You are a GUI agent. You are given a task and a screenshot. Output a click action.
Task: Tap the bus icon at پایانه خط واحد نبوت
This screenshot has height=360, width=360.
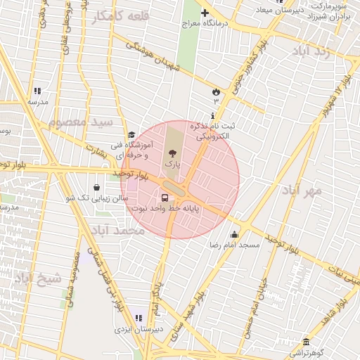click(x=165, y=198)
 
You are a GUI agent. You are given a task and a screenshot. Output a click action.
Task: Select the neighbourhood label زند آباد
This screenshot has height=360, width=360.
click(x=313, y=53)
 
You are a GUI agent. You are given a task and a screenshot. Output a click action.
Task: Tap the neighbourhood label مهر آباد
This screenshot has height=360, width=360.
click(x=302, y=190)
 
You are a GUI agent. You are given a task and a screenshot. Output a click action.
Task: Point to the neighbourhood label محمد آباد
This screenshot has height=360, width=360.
click(x=117, y=231)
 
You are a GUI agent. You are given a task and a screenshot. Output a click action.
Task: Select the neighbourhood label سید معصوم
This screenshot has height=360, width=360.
click(x=82, y=122)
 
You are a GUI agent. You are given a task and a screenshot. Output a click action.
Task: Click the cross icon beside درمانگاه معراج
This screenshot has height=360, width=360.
click(x=205, y=13)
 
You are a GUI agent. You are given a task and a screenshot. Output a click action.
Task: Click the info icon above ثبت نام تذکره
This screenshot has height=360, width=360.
click(x=213, y=115)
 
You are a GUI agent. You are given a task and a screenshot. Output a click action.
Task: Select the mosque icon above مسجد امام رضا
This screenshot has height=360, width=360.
click(x=234, y=235)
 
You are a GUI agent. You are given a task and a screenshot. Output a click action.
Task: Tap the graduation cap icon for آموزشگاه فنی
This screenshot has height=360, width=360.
click(x=131, y=136)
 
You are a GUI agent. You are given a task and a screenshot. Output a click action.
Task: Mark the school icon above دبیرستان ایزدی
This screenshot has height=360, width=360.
click(x=136, y=319)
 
